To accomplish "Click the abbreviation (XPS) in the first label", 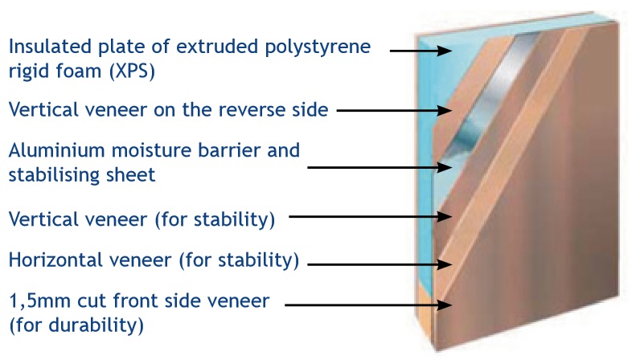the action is pos(132,72).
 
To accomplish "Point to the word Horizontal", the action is pos(51,260).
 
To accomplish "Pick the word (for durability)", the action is pos(76,325).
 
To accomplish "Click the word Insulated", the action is pos(51,47).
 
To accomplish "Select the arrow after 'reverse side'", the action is pos(394,110).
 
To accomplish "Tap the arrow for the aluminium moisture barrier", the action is pos(380,167).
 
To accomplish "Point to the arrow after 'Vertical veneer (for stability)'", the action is pos(371,216).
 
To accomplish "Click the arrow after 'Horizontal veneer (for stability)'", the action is pos(380,264).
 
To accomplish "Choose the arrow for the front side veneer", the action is pos(368,305).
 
